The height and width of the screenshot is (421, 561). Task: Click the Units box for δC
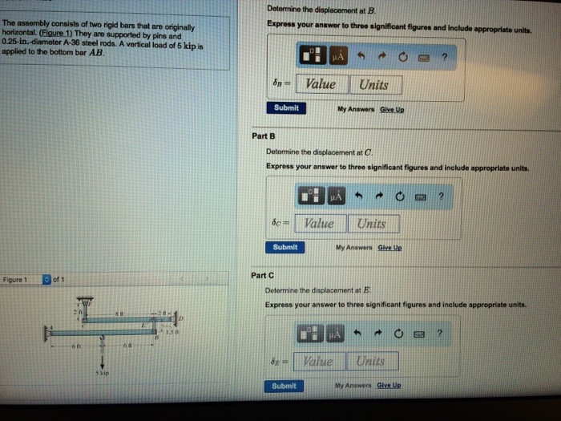(371, 224)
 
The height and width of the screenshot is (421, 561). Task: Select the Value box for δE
(320, 362)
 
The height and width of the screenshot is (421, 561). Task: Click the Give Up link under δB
(392, 108)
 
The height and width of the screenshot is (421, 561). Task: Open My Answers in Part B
(353, 247)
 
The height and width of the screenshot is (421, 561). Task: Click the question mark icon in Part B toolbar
(440, 195)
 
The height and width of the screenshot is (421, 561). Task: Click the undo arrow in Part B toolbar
(364, 195)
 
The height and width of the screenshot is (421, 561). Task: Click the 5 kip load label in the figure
(103, 373)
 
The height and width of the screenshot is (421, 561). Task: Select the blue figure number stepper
(47, 279)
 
